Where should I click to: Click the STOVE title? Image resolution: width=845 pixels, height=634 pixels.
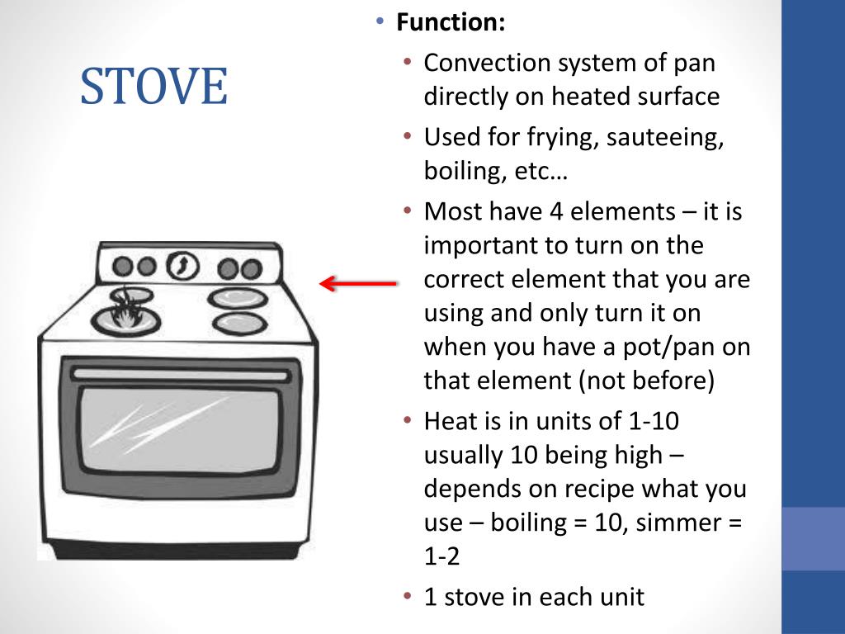pos(154,86)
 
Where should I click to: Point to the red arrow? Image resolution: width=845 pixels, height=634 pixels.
pos(358,283)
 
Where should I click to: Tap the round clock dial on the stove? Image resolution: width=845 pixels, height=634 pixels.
pos(182,266)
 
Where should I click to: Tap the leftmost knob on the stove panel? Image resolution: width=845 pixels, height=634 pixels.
pos(123,266)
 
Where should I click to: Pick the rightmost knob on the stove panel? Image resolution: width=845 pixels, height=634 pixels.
pos(252,268)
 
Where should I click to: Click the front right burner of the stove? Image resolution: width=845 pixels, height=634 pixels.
pos(240,324)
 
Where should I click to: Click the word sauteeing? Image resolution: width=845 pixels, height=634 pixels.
pos(664,138)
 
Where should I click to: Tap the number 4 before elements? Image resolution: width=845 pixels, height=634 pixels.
pos(556,211)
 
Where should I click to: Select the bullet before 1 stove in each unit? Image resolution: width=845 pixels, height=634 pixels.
pos(408,596)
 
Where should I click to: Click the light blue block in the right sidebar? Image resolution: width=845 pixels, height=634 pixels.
pos(813,538)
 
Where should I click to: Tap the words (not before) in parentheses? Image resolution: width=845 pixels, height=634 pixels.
pos(646,381)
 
